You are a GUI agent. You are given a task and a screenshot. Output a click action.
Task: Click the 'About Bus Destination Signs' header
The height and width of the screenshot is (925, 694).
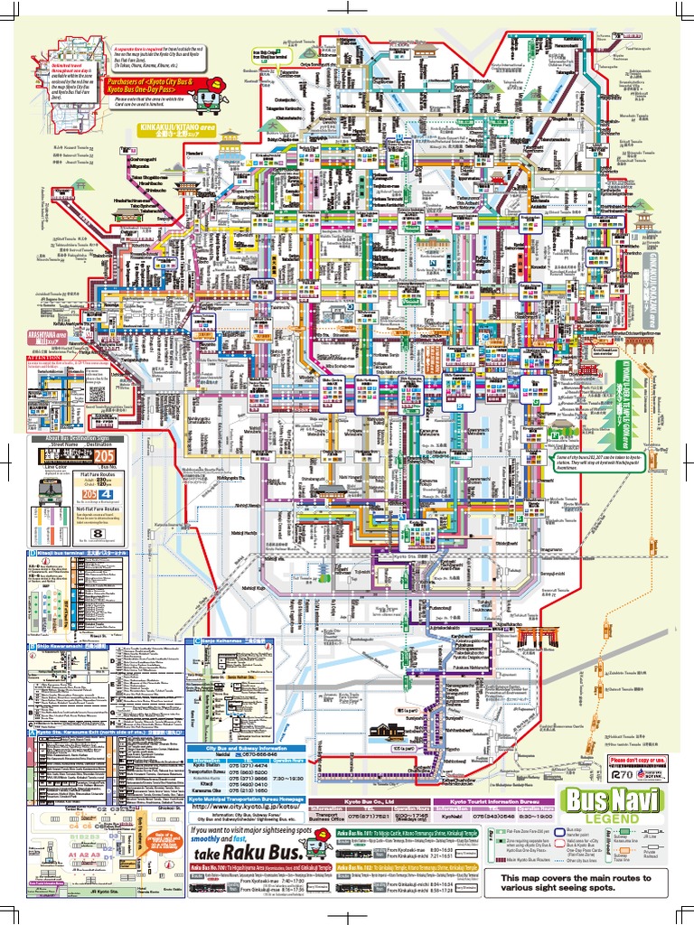pyautogui.click(x=70, y=438)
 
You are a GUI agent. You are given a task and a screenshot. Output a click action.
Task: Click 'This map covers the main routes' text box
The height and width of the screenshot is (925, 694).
pyautogui.click(x=576, y=883)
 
